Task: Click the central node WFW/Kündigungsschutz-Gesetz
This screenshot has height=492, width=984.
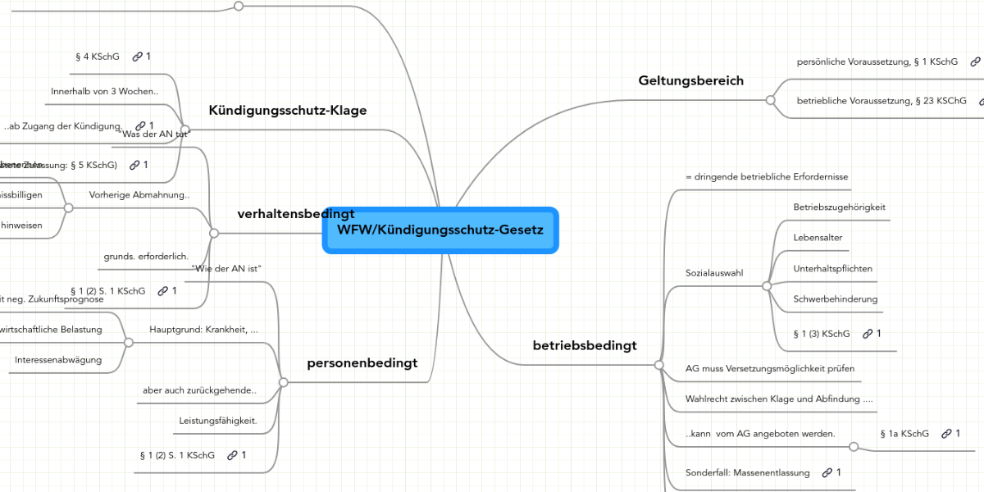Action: pyautogui.click(x=440, y=230)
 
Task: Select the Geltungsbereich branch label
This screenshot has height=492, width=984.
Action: pyautogui.click(x=690, y=80)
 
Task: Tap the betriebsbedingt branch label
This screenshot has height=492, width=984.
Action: pyautogui.click(x=585, y=345)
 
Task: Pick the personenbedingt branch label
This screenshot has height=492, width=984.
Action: pyautogui.click(x=362, y=362)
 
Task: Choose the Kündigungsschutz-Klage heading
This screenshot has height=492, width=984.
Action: pyautogui.click(x=287, y=110)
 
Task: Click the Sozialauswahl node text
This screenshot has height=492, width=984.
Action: pyautogui.click(x=714, y=272)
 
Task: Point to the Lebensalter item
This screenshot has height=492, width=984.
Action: pyautogui.click(x=818, y=237)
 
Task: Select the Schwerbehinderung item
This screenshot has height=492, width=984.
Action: pyautogui.click(x=835, y=299)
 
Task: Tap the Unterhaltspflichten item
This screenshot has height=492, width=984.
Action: pyautogui.click(x=832, y=268)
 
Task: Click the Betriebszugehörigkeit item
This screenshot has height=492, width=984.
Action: pyautogui.click(x=839, y=207)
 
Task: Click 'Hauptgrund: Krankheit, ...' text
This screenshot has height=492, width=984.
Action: pyautogui.click(x=203, y=330)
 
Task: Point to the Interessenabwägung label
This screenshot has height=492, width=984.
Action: pyautogui.click(x=58, y=360)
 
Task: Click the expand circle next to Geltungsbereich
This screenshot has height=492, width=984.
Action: pyautogui.click(x=770, y=100)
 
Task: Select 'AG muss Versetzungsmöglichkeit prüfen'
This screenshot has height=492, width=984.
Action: pyautogui.click(x=770, y=368)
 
